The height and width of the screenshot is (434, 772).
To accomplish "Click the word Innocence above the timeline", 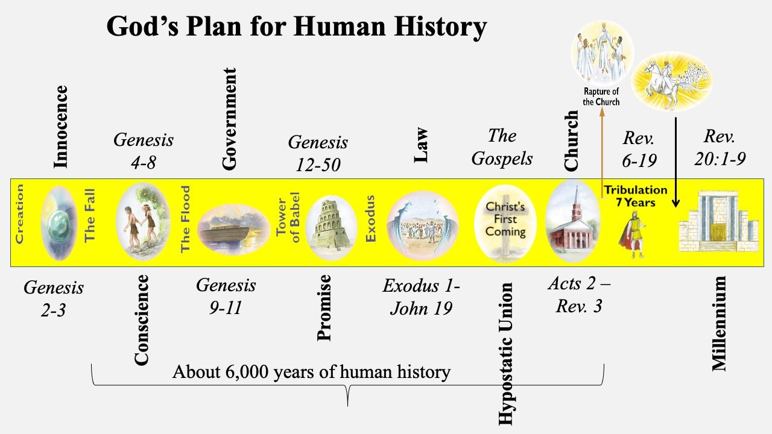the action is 61,127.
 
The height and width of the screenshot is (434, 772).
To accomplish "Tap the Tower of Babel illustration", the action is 332,227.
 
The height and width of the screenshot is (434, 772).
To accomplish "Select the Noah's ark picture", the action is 234,230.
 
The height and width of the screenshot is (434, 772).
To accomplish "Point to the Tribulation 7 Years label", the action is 636,196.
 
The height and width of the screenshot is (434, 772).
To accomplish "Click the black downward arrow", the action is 676,162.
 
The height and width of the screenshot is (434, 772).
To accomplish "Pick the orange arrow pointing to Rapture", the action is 602,153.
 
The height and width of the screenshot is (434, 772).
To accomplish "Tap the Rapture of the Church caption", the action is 601,97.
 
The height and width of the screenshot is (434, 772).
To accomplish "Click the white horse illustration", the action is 671,81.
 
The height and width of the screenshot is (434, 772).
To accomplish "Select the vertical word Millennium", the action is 720,324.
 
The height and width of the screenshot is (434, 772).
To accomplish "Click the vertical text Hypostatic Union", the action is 506,354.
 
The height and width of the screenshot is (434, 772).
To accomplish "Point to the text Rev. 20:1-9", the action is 720,148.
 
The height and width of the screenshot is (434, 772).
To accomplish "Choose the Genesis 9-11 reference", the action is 226,296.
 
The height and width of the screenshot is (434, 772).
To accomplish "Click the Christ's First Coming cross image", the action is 505,224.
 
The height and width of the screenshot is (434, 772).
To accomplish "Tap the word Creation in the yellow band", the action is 19,214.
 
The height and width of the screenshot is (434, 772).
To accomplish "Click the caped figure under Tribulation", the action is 632,234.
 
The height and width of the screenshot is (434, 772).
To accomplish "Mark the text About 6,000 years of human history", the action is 311,372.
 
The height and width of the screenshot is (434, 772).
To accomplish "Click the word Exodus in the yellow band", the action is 370,218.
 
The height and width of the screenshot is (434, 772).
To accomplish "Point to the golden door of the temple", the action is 718,233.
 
